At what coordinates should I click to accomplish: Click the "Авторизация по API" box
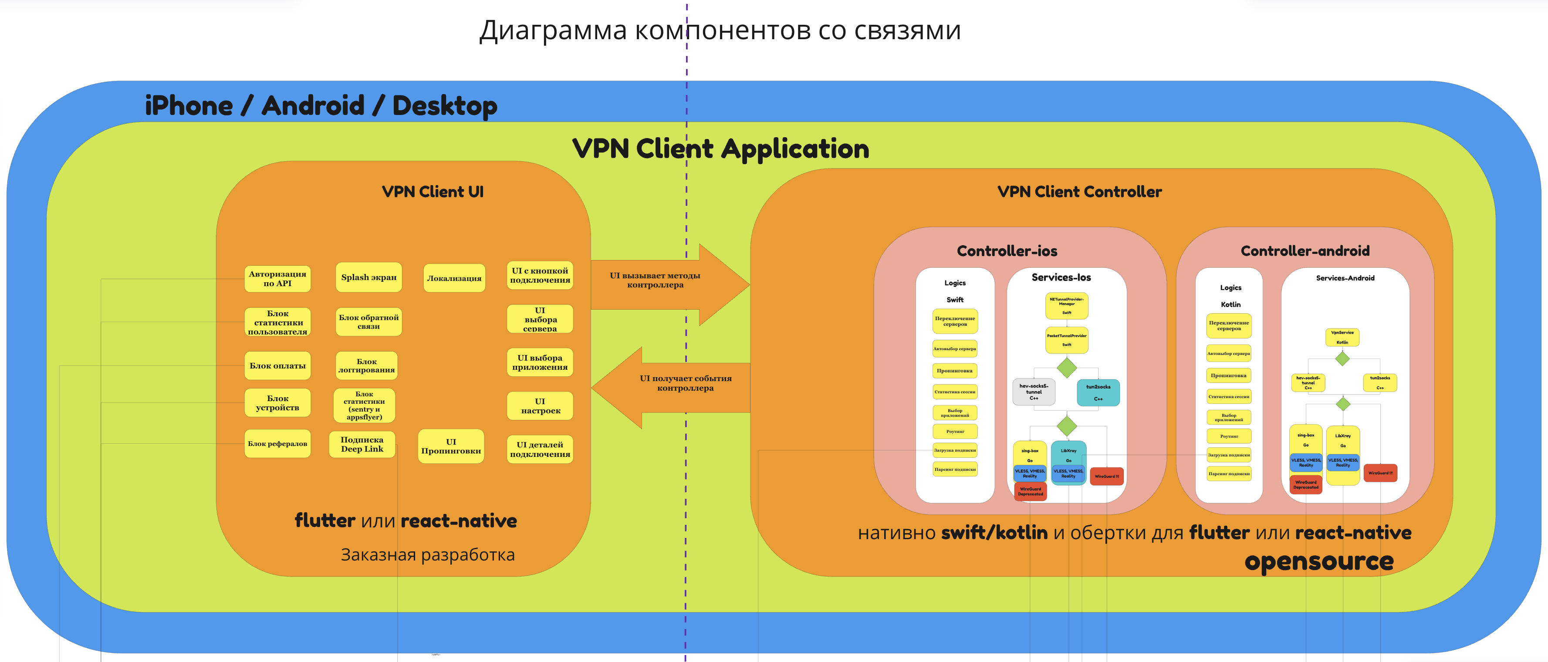pos(277,279)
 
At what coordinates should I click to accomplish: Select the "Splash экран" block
pos(368,277)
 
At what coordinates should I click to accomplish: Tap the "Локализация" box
pos(454,278)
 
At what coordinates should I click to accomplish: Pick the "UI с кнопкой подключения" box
pos(540,276)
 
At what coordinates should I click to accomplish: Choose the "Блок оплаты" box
pos(277,366)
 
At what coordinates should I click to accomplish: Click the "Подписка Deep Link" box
pos(362,445)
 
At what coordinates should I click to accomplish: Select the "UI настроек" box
pos(540,406)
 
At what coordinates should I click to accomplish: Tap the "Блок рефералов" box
pos(277,444)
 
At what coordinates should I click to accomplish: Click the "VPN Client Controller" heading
pos(1079,192)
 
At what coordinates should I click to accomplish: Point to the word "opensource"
pos(1318,561)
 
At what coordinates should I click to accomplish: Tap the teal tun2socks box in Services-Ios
pos(1098,392)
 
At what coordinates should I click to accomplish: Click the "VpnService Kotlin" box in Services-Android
pos(1342,337)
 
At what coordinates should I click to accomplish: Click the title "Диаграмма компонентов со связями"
pos(719,30)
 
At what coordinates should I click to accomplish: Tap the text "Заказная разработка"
pos(427,554)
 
